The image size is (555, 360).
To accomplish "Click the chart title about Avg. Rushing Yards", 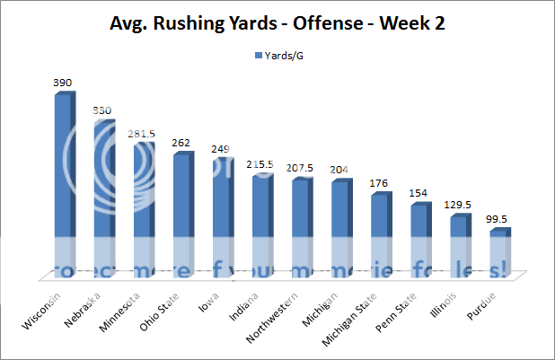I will point(277,23).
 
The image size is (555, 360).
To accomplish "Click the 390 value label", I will point(62,83).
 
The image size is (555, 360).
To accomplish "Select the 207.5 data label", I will point(299,169).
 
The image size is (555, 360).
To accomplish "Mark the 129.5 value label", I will point(457,206).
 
